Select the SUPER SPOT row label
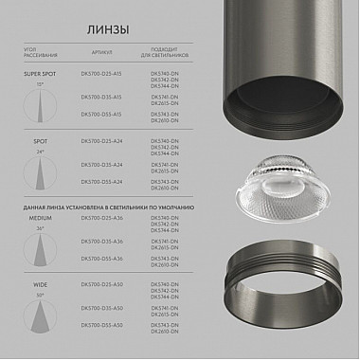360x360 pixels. tap(41, 73)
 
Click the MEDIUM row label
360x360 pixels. tap(41, 218)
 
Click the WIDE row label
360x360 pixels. tap(41, 283)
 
